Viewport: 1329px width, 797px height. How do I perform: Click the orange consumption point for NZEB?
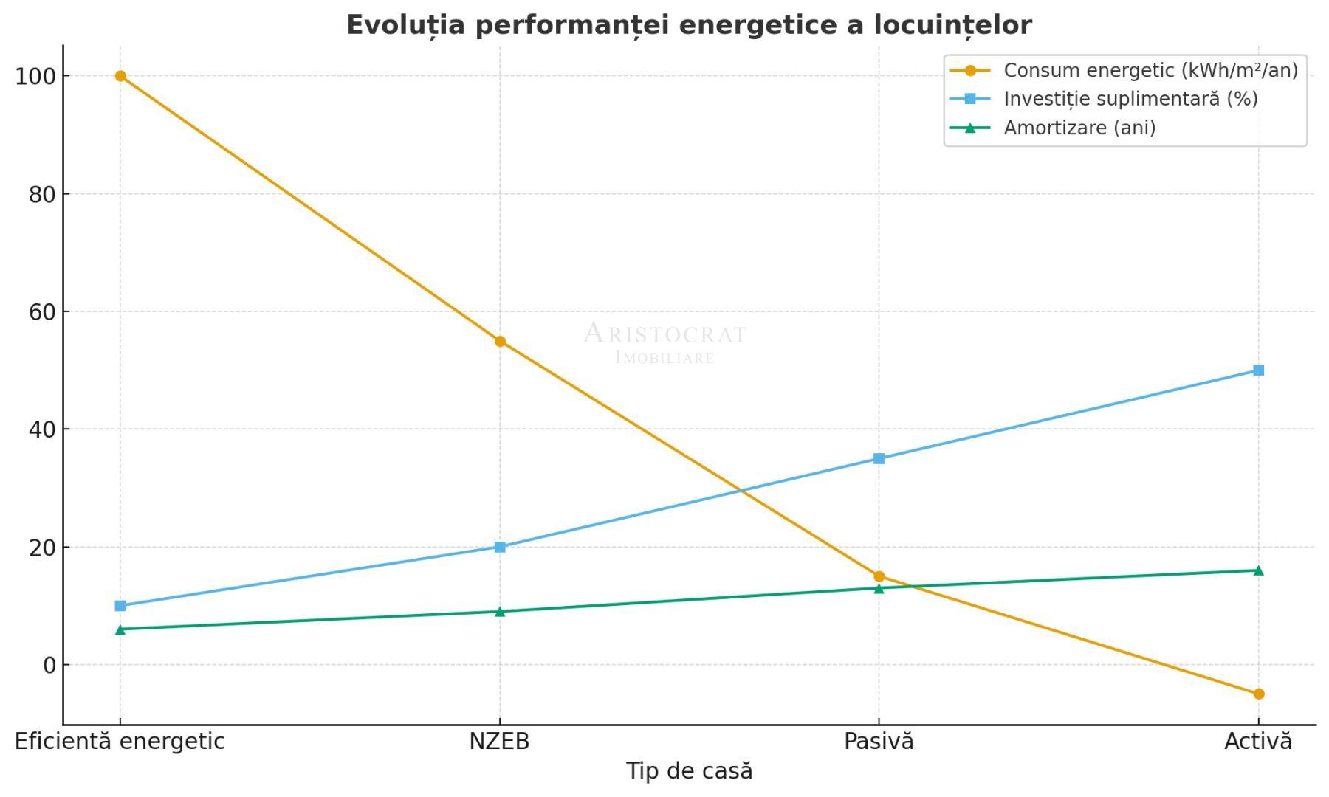500,341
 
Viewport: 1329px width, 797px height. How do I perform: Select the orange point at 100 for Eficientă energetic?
120,76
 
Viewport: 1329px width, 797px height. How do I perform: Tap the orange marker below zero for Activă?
1258,694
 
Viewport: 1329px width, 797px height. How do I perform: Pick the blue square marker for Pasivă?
879,458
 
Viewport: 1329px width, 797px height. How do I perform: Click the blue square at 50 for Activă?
1258,370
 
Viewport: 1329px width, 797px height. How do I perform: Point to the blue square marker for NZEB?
500,547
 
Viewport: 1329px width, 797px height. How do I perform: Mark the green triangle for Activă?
1258,570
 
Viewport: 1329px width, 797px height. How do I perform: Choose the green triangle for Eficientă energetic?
120,629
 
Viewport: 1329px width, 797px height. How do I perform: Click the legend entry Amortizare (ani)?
1079,128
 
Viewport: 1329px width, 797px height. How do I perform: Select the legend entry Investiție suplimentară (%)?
1130,99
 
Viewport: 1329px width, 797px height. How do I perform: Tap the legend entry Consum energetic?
1150,71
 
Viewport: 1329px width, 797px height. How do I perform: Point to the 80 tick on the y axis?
43,195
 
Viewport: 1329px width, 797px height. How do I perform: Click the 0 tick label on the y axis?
49,666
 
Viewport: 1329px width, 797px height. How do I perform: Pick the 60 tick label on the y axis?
43,312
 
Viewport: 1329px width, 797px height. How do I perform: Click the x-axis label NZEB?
499,742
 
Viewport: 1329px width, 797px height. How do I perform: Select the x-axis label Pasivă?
879,742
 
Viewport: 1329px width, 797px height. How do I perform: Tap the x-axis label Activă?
1258,742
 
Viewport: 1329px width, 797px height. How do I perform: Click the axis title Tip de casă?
689,771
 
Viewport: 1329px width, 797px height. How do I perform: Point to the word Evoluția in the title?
406,25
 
